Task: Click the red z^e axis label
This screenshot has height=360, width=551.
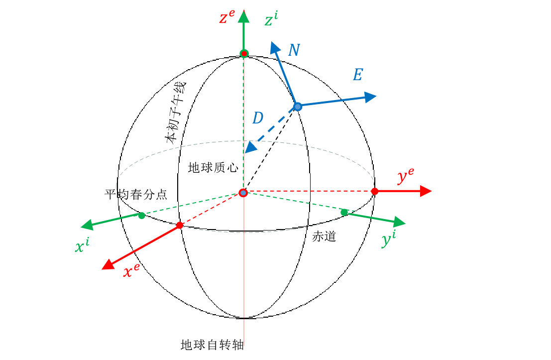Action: click(226, 18)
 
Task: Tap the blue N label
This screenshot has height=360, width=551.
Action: click(294, 50)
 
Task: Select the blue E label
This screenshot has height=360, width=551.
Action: click(357, 75)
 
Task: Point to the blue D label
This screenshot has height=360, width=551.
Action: click(257, 119)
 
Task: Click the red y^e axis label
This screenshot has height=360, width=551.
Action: click(405, 176)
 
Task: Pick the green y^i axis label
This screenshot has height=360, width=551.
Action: click(389, 240)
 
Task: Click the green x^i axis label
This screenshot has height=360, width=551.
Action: click(82, 245)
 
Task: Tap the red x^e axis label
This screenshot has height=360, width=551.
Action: click(131, 271)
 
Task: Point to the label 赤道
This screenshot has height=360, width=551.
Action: click(324, 237)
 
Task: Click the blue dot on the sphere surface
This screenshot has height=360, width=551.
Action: click(298, 107)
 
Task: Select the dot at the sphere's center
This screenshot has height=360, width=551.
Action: click(243, 193)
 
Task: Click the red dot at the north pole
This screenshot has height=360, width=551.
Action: click(244, 53)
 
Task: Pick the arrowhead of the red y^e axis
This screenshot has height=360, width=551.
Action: click(425, 191)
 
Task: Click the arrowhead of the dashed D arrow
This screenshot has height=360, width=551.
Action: click(251, 147)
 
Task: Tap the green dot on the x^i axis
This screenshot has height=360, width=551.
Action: click(142, 216)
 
